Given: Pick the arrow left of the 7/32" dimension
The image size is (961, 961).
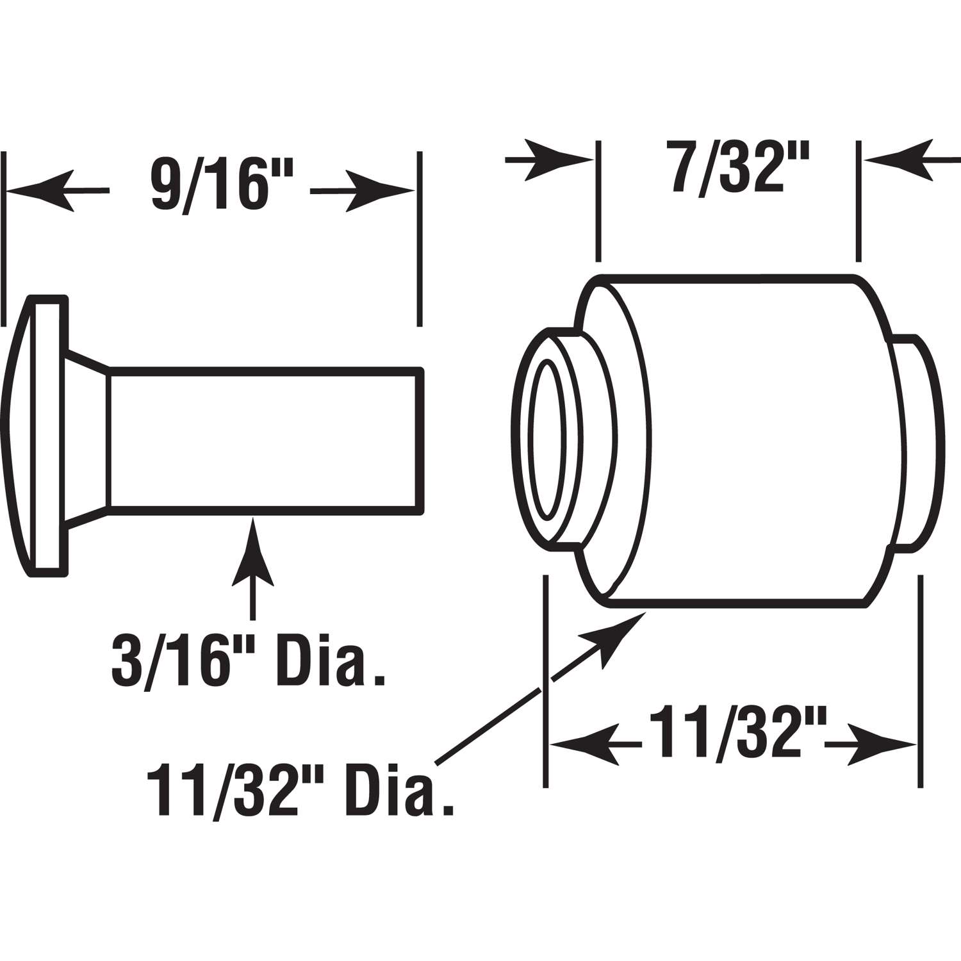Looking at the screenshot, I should pyautogui.click(x=557, y=159).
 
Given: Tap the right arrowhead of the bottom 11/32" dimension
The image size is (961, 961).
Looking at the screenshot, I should pyautogui.click(x=881, y=744).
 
